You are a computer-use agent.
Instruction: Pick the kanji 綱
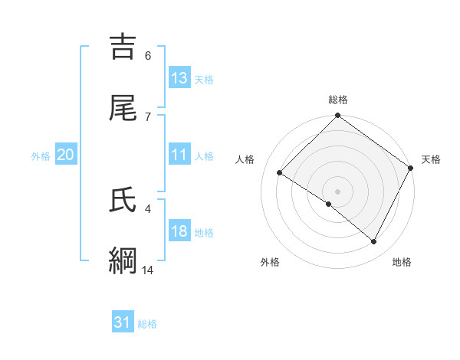point(125,261)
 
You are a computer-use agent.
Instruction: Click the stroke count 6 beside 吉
point(148,55)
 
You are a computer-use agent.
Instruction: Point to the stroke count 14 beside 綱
point(148,270)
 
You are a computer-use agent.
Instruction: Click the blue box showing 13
point(179,78)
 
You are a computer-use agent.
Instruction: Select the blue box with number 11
point(179,155)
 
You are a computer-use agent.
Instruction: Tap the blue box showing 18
point(179,232)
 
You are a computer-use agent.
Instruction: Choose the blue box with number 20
point(66,155)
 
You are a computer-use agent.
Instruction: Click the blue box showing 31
point(123,323)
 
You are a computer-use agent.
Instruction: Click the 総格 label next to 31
point(147,324)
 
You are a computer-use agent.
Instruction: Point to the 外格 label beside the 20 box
point(41,155)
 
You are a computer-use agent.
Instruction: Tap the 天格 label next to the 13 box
point(204,79)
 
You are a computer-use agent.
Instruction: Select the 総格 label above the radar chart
point(338,100)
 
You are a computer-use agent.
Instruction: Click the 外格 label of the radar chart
point(270,262)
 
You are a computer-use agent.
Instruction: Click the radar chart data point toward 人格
point(280,173)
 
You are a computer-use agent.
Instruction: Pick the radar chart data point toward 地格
point(374,242)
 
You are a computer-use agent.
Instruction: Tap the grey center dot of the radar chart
point(337,191)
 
